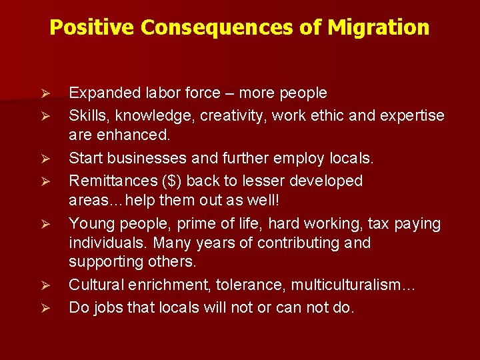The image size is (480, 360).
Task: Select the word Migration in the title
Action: (x=378, y=27)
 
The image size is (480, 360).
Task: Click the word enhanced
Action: (x=139, y=135)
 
